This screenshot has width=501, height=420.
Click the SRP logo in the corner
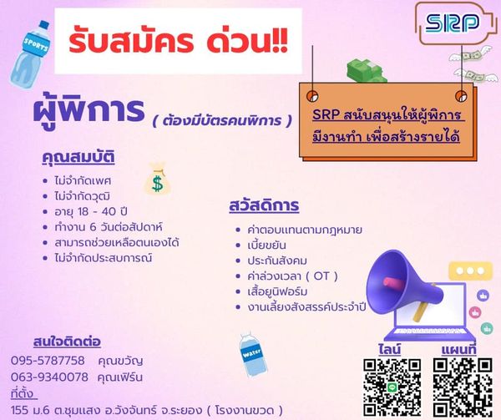[x=452, y=23]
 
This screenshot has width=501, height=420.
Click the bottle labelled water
[x=253, y=354]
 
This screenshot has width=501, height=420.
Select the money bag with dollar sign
[x=157, y=179]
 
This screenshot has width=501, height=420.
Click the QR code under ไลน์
[x=392, y=387]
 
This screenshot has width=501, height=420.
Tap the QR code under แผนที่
[x=463, y=387]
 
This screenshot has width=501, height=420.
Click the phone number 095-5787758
[x=48, y=361]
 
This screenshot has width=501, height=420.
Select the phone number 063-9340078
[x=49, y=377]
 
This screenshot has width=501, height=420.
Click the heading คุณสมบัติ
[x=78, y=157]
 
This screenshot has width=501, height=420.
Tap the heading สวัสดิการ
[x=264, y=205]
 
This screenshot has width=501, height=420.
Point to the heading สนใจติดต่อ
[x=67, y=342]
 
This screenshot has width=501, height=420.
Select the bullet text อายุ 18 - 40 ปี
[x=91, y=211]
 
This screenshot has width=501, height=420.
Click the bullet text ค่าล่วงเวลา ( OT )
[x=293, y=276]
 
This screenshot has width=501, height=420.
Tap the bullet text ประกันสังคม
[x=277, y=261]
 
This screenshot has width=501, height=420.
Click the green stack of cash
[x=367, y=71]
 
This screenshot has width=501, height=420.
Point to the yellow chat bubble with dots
[x=471, y=271]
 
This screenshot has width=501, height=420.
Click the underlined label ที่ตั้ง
[x=24, y=394]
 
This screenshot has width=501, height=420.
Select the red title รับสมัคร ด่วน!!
[x=179, y=42]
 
